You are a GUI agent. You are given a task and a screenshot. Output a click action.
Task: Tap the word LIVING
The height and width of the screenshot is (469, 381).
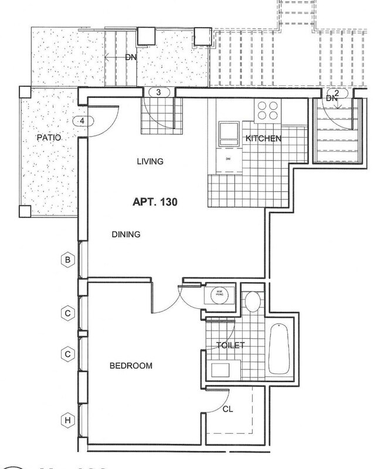pos(148,161)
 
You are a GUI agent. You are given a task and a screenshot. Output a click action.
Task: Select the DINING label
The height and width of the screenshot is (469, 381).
pos(125,235)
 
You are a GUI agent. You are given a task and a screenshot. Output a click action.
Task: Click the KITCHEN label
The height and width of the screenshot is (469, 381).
pos(264,139)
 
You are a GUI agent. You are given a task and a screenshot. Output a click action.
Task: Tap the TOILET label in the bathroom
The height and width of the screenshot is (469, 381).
pos(231,345)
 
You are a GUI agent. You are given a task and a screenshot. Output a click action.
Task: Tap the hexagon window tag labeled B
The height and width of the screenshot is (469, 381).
pos(68,260)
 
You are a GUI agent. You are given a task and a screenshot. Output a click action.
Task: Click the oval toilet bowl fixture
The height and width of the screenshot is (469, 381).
pos(250,303)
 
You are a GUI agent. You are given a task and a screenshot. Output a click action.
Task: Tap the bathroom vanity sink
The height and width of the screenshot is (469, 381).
pos(222,371)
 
